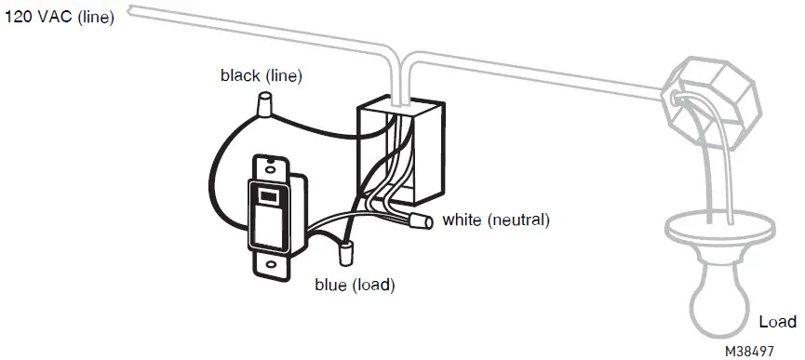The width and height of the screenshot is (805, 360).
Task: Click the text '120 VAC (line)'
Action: point(60,18)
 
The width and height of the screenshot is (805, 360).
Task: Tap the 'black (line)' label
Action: point(262,75)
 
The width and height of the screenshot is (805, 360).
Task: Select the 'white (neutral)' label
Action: point(496,220)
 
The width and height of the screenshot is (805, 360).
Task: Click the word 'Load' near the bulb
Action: point(777,322)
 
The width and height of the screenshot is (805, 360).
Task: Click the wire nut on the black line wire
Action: point(265,106)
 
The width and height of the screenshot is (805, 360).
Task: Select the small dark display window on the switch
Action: point(266,195)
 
